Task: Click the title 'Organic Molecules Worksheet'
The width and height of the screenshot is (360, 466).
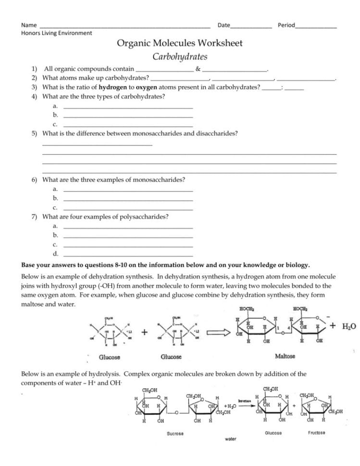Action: coord(180,43)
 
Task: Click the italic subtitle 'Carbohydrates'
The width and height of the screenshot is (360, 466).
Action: coord(180,57)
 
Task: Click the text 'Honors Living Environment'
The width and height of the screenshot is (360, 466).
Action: coord(57,33)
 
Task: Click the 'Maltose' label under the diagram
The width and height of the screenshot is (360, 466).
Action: coord(285,356)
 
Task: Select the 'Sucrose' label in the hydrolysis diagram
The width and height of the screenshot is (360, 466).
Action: coord(175,434)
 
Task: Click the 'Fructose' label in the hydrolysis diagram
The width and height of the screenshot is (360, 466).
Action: coord(316,432)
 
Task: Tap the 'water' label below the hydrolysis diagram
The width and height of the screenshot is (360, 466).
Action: coord(230,439)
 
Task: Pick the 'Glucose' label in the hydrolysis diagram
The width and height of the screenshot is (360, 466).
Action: coord(273,433)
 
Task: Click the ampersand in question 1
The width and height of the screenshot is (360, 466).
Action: coord(198,69)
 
